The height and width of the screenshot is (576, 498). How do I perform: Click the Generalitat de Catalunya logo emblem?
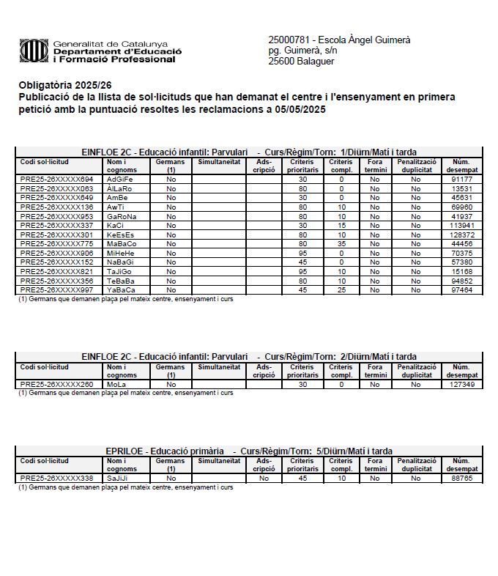34,51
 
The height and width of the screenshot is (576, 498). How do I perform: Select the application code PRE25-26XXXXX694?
56,179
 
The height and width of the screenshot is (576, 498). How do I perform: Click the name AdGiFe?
120,179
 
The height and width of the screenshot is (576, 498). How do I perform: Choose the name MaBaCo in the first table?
122,243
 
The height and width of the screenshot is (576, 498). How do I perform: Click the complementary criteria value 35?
341,243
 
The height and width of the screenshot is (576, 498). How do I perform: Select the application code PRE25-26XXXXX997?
56,290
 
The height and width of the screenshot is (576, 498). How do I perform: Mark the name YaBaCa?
121,290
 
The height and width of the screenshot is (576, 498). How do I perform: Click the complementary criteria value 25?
341,290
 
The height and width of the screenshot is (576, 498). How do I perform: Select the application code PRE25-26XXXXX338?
56,478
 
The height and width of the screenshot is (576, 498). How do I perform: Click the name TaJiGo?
119,271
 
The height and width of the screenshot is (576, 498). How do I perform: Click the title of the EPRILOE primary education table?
249,451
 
